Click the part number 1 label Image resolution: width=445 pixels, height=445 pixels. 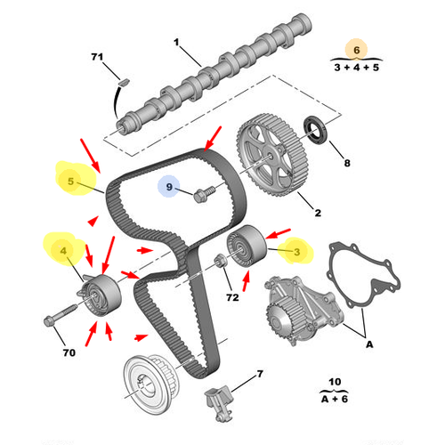(x=175, y=42)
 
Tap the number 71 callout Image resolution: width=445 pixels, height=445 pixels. (x=98, y=58)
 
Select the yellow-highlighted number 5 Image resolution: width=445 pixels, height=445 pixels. (x=70, y=182)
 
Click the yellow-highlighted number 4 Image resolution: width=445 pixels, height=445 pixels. (x=63, y=251)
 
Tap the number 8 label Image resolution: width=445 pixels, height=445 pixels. (x=348, y=164)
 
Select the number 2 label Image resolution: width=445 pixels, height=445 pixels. (x=316, y=214)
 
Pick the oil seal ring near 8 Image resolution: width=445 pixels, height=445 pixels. (x=316, y=130)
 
